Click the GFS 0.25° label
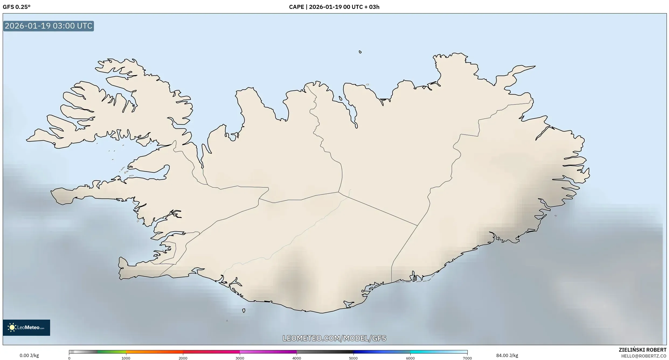(16, 7)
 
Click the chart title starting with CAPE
(334, 7)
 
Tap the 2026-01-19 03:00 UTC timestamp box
(48, 26)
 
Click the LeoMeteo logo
(26, 327)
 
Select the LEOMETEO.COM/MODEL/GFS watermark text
(334, 338)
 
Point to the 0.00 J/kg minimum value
(29, 355)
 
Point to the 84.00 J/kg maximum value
(507, 355)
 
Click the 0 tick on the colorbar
(69, 358)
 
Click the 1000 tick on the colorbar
(126, 358)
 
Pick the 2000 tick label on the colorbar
(183, 358)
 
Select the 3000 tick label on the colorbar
(240, 358)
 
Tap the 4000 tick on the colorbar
(297, 358)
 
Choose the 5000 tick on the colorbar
(353, 358)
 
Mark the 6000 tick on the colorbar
(410, 358)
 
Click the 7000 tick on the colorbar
(467, 358)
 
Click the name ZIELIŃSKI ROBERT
(643, 350)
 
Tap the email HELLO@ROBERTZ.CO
(644, 356)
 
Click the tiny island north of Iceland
(360, 52)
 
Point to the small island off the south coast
(244, 310)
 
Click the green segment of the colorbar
(112, 352)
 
